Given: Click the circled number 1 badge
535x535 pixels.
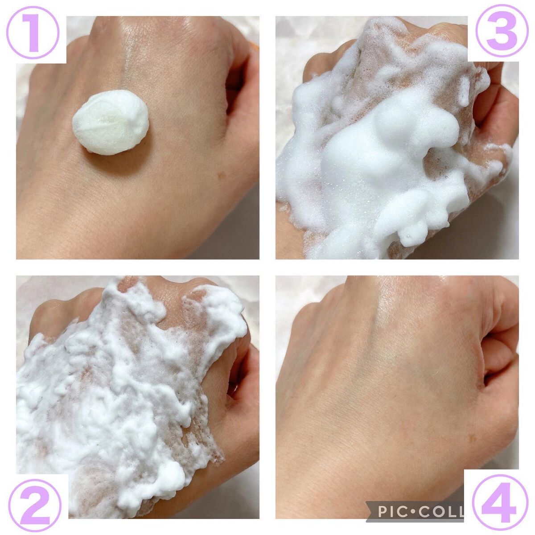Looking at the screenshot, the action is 33,33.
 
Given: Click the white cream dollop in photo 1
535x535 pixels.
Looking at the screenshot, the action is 111,122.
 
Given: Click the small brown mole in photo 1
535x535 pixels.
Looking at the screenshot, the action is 221,175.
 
